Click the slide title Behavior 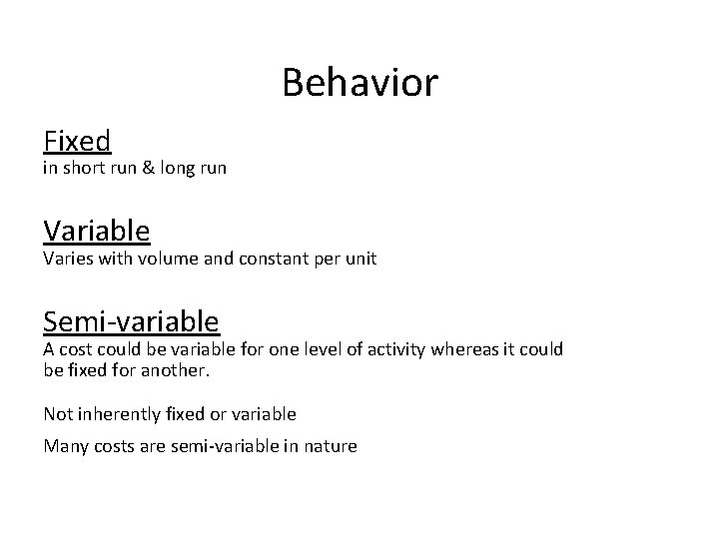pyautogui.click(x=359, y=83)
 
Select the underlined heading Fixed pyautogui.click(x=77, y=141)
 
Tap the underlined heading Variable pyautogui.click(x=97, y=231)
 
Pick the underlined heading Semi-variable pyautogui.click(x=131, y=320)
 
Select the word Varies pyautogui.click(x=67, y=259)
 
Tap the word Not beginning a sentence pyautogui.click(x=57, y=413)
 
